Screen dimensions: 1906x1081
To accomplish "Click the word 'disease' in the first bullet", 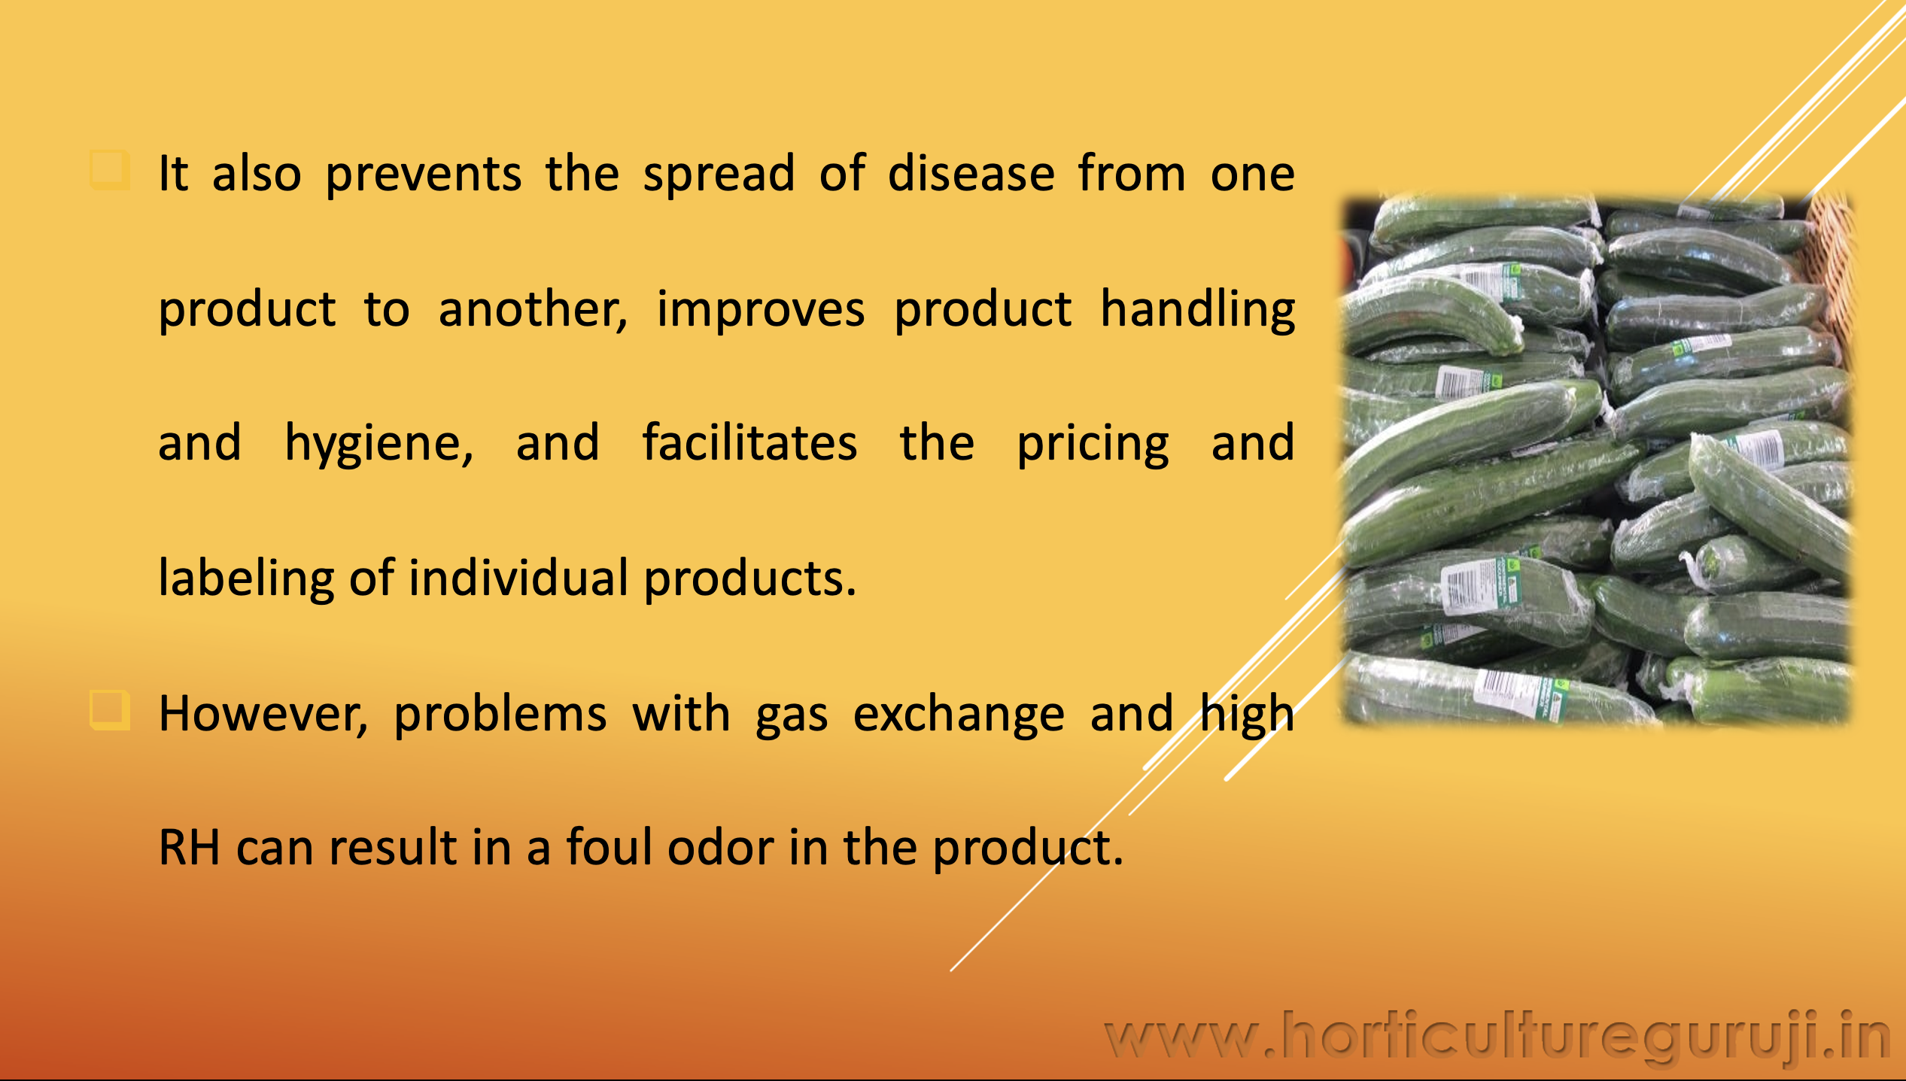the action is pos(971,173).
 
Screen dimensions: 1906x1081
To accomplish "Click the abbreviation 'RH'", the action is pos(189,848).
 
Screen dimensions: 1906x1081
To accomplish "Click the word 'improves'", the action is pos(761,310).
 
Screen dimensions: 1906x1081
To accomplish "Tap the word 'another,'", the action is pos(533,308).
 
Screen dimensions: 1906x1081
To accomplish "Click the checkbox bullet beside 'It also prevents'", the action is pos(110,170).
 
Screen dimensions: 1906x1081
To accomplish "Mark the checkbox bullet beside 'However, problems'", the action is pos(110,710).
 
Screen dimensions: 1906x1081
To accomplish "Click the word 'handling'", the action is pos(1197,310).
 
